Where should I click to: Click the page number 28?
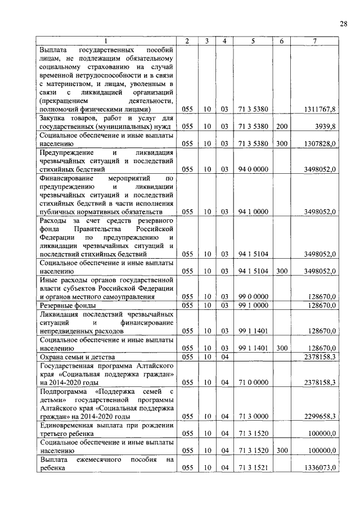[343, 23]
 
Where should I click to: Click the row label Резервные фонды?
[62, 305]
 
